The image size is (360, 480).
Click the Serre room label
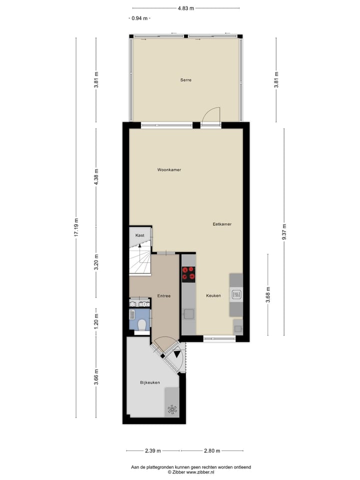click(186, 80)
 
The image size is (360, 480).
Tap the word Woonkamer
click(169, 170)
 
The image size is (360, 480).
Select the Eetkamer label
click(221, 224)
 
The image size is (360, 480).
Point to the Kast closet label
click(140, 235)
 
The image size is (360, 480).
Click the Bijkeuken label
click(149, 382)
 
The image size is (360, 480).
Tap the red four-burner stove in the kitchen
click(188, 273)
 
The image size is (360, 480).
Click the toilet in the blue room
click(142, 324)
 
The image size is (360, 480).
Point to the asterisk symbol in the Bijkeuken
click(172, 409)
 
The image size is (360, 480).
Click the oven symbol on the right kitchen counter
click(236, 294)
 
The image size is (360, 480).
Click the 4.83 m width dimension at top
click(185, 8)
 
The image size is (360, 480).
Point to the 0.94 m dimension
click(139, 18)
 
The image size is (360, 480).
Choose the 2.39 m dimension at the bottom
click(152, 450)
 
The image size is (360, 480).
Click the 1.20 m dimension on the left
click(96, 319)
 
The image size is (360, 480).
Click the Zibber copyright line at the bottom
click(190, 471)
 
